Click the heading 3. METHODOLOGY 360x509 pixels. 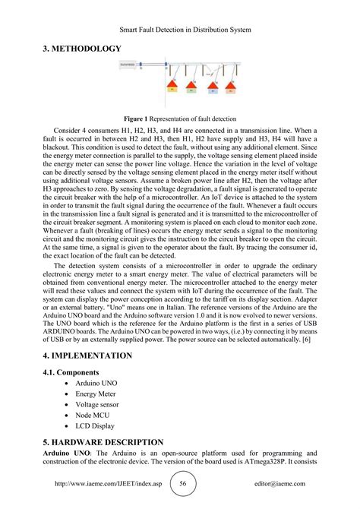pos(82,49)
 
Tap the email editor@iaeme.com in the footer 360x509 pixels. pos(275,484)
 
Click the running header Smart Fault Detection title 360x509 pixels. pos(180,30)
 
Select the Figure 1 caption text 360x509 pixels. pos(179,119)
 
